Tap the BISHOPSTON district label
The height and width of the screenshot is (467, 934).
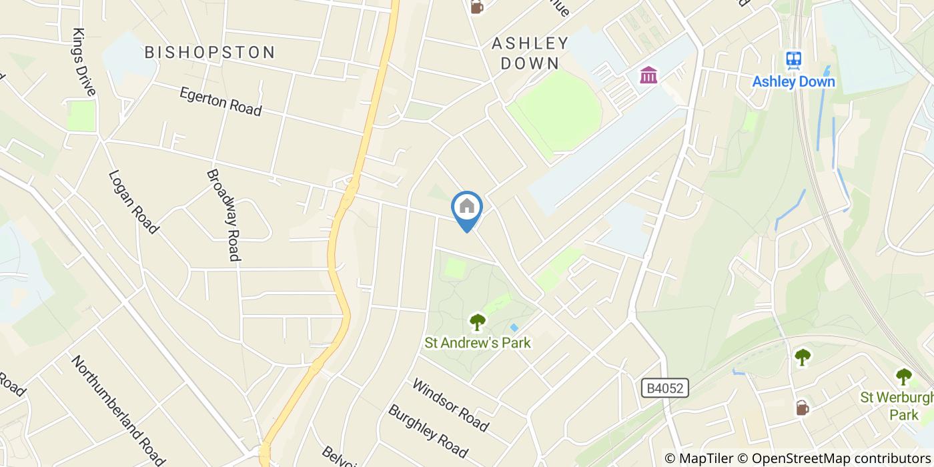(209, 52)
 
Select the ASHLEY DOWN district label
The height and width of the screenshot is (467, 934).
(530, 53)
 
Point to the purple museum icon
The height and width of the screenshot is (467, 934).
(647, 75)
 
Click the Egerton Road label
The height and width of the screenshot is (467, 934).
(220, 101)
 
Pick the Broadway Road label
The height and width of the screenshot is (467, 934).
(223, 214)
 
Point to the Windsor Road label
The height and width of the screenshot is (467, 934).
(450, 405)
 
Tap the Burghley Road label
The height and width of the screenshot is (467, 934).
(428, 429)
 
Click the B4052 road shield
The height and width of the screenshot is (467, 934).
(664, 388)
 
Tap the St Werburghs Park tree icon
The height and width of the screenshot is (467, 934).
(904, 377)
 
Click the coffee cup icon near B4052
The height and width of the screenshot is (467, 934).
(802, 407)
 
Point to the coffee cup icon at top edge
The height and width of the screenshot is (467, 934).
(476, 7)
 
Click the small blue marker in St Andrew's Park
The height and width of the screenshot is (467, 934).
(514, 328)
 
